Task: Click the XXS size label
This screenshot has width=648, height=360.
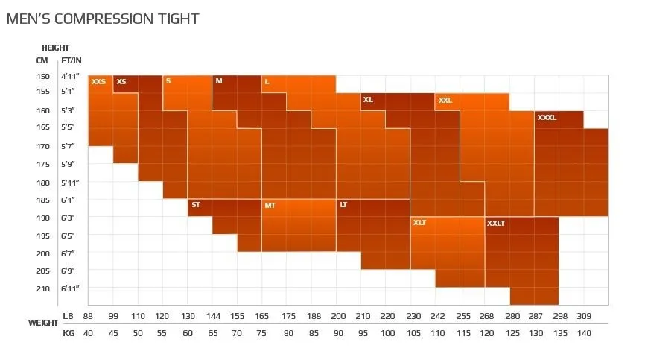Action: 98,81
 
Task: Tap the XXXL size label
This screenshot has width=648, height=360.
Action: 547,117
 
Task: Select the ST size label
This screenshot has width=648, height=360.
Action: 195,204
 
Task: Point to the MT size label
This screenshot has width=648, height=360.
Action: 270,205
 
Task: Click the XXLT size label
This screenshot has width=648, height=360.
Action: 495,223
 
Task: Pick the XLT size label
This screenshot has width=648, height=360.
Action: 419,222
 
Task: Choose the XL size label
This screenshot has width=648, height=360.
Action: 368,99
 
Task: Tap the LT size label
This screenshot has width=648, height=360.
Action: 343,204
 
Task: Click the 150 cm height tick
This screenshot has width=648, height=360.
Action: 42,76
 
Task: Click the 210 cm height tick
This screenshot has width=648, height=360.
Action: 42,288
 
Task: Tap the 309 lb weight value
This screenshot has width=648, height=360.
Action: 584,317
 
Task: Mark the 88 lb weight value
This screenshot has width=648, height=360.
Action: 89,317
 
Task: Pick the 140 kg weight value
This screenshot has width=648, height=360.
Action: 584,333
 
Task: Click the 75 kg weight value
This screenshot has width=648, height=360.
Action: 262,333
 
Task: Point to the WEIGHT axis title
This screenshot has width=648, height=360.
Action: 43,323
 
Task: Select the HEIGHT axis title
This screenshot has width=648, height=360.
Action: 56,48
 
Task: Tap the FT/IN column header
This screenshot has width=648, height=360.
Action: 72,60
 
